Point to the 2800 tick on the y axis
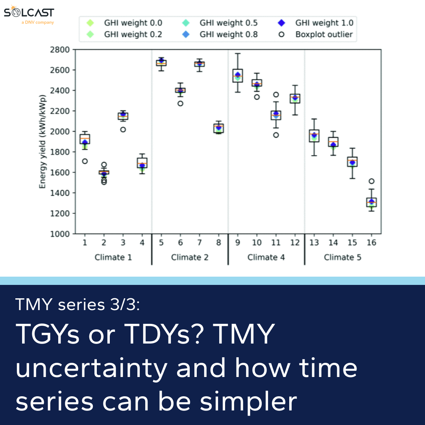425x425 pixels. click(60, 50)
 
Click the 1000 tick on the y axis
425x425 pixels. click(60, 234)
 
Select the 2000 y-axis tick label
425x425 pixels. click(60, 131)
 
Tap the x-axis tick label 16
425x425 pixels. click(371, 242)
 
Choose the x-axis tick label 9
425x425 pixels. click(238, 242)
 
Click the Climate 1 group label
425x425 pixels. click(113, 257)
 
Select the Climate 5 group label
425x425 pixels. click(342, 257)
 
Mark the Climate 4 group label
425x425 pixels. click(266, 257)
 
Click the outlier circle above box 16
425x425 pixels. click(371, 181)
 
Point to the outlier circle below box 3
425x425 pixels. click(123, 129)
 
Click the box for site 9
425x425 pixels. click(238, 76)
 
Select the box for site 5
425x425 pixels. click(161, 63)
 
